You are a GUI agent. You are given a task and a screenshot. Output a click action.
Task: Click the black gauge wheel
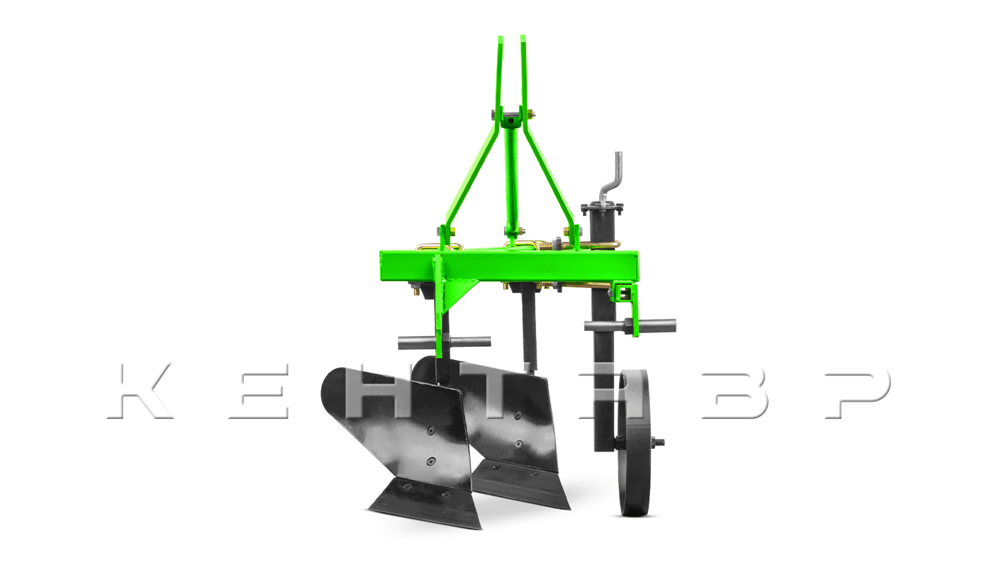pyautogui.click(x=634, y=443)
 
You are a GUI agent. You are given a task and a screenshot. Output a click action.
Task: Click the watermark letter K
pyautogui.click(x=142, y=391)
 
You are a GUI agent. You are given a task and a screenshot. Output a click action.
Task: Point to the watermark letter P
pyautogui.click(x=855, y=393)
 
